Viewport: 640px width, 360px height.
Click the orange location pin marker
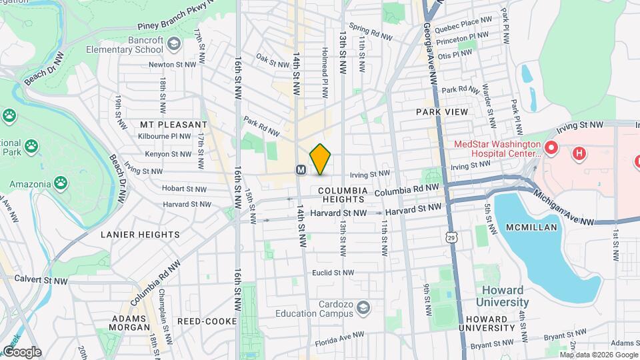click(x=321, y=159)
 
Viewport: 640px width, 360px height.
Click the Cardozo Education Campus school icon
click(x=363, y=307)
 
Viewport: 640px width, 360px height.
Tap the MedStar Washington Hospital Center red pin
click(x=551, y=147)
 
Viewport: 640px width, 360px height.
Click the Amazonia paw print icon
click(x=61, y=181)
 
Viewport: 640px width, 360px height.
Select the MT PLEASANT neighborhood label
click(x=174, y=125)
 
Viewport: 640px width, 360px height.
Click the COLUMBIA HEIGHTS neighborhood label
click(x=336, y=195)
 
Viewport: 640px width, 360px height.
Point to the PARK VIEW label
click(x=442, y=112)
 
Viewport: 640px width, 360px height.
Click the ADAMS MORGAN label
click(x=131, y=322)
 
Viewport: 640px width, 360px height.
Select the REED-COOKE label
click(x=207, y=321)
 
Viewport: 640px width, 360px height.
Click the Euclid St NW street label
click(x=333, y=272)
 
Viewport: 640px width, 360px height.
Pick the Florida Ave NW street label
click(x=339, y=335)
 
